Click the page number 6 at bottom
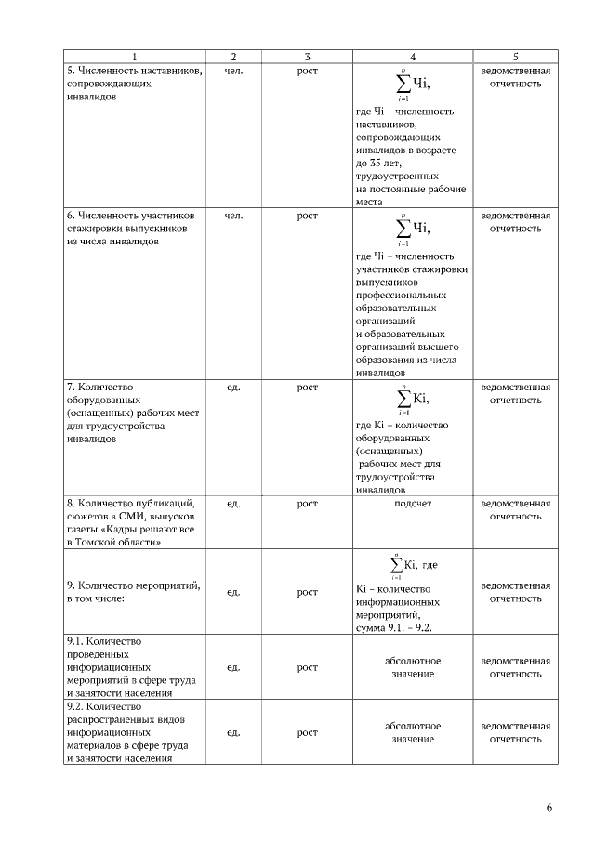point(549,807)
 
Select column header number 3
point(307,57)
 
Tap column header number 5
point(515,57)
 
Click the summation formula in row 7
point(413,400)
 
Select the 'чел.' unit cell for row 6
point(234,216)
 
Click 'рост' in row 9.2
point(307,732)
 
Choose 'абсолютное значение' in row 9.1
point(413,667)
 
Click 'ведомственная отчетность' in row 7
point(515,393)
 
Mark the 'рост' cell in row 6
point(307,216)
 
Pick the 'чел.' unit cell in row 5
point(234,71)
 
